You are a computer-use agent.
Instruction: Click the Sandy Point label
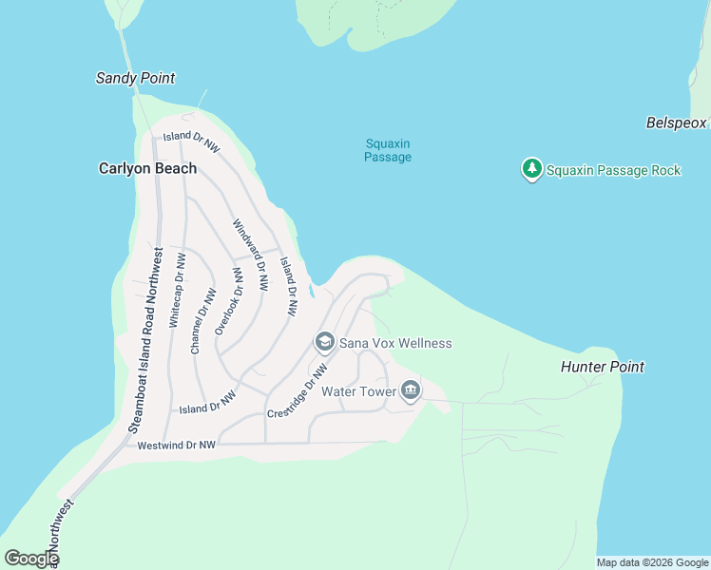(135, 78)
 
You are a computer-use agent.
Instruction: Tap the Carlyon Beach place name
(147, 168)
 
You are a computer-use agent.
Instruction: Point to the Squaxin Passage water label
(388, 150)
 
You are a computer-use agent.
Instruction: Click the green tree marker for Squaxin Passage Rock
(531, 169)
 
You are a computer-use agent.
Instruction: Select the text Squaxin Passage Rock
(614, 170)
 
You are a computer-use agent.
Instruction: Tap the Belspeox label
(677, 123)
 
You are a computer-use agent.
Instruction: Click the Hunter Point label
(602, 367)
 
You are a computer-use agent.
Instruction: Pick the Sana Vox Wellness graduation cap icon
(324, 342)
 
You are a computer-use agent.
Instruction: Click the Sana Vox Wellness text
(395, 343)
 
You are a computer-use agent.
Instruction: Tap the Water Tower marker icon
(411, 390)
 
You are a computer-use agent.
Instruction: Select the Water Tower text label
(357, 391)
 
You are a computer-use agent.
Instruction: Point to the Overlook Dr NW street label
(229, 300)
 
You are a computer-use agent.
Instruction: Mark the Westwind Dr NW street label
(177, 445)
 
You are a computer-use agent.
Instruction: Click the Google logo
(31, 559)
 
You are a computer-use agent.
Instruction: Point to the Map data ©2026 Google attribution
(652, 562)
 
